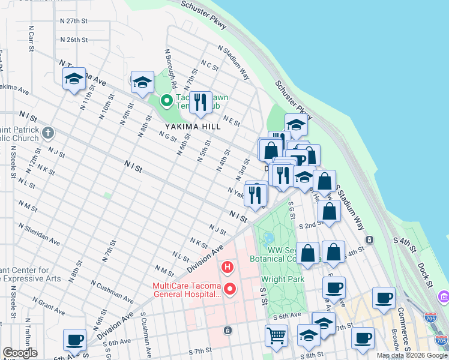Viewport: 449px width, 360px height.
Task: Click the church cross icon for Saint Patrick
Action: (49, 131)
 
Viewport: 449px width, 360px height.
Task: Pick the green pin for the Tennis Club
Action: (166, 101)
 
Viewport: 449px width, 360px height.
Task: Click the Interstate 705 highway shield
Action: (430, 317)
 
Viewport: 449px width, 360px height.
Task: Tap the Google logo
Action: (20, 353)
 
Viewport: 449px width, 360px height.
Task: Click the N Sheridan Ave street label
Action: (39, 235)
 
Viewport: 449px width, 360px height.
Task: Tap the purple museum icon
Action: (443, 297)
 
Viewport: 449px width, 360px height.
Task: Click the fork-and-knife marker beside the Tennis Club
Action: (200, 102)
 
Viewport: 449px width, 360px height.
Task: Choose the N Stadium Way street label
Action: (234, 62)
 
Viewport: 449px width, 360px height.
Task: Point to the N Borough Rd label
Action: (171, 64)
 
